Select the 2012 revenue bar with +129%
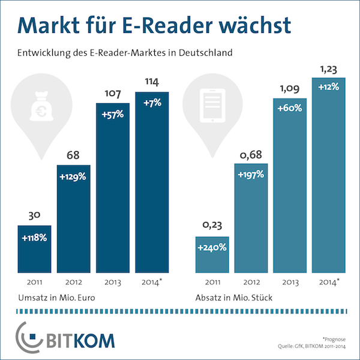pos(74,216)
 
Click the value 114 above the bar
pos(152,81)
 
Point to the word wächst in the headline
pos(253,26)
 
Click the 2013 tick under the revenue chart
pos(113,282)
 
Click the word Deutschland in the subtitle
pos(202,53)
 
